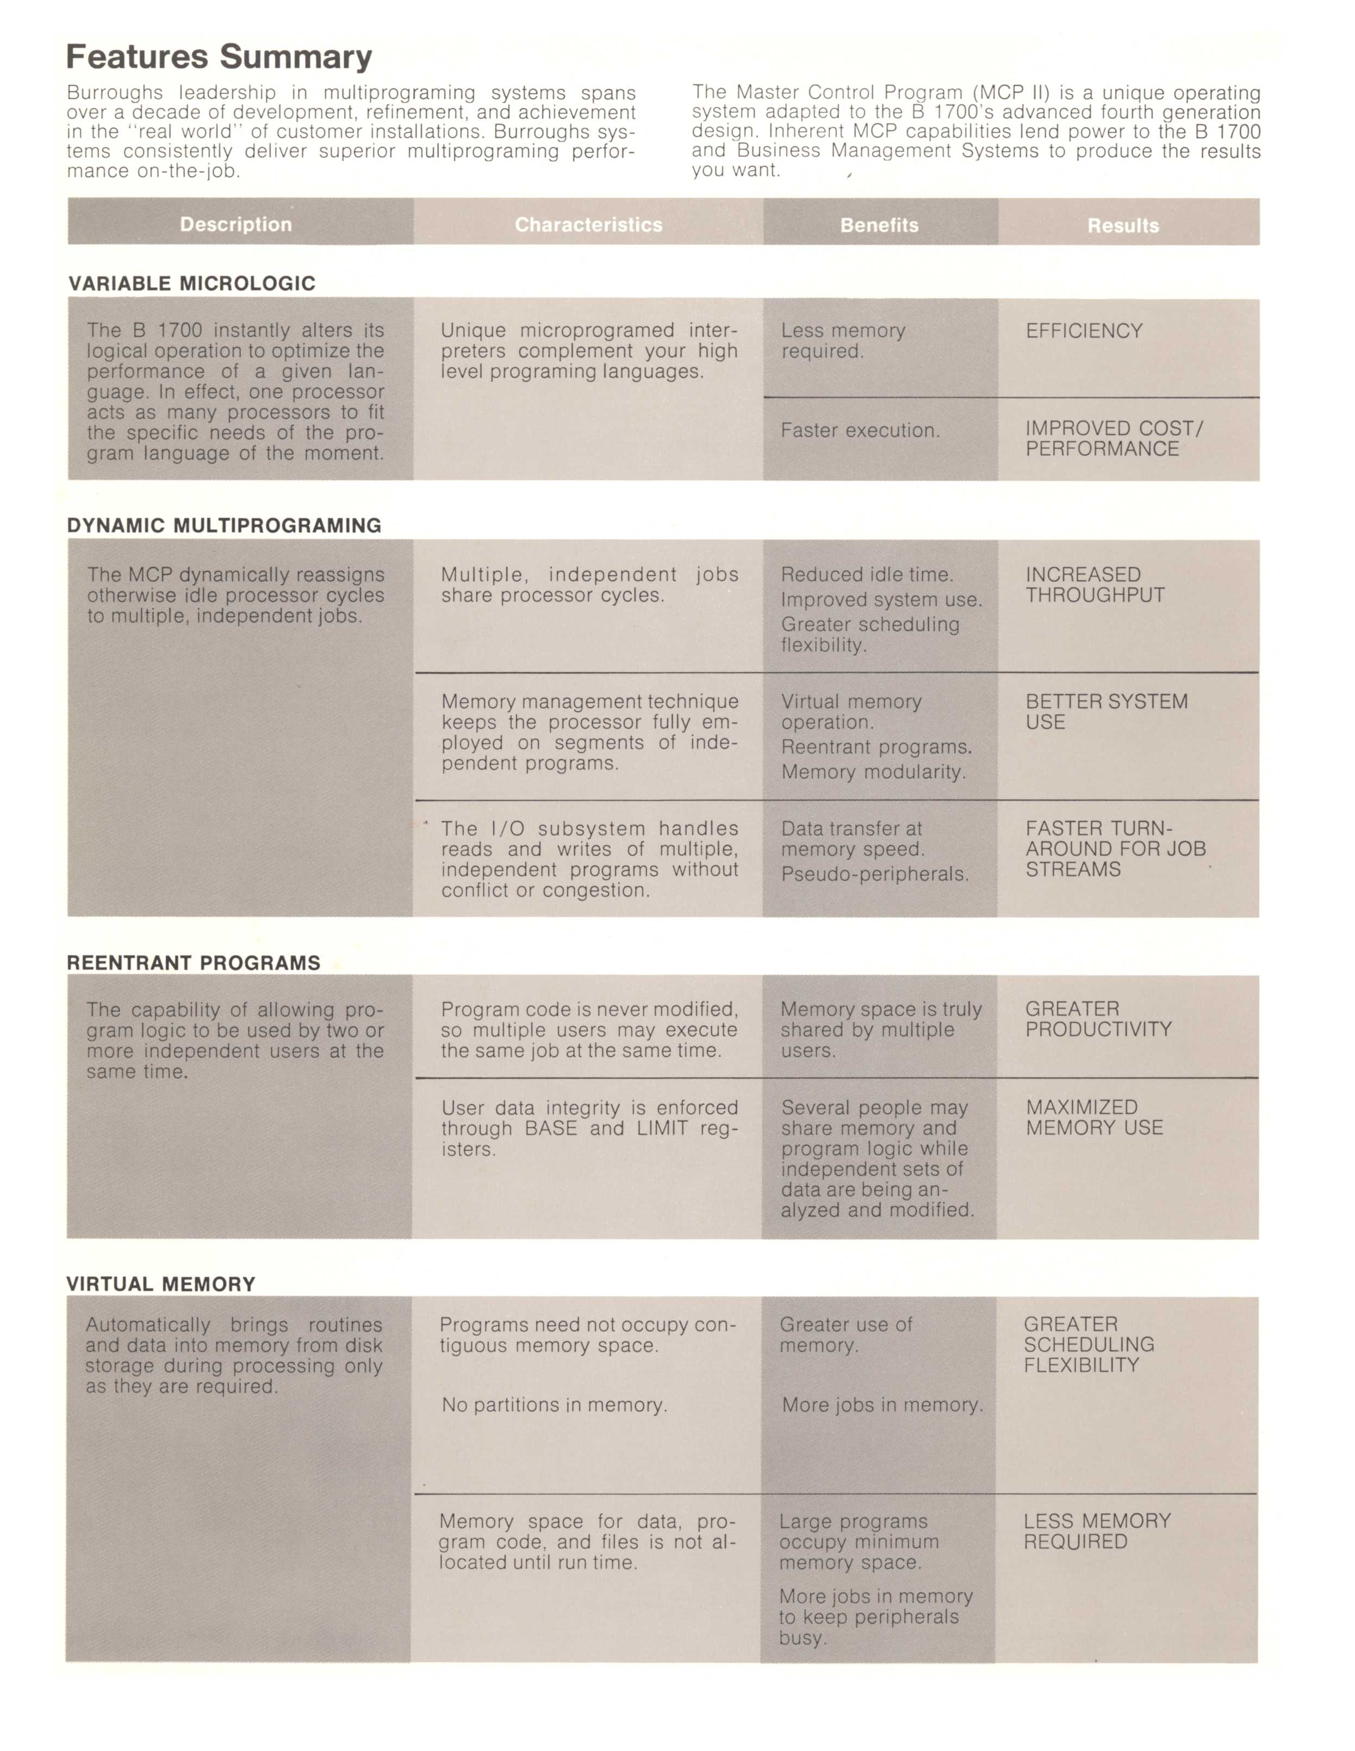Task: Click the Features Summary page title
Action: [219, 58]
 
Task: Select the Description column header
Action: [236, 224]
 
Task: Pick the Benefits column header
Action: [879, 225]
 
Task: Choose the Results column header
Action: [1123, 226]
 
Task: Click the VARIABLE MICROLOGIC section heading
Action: [192, 284]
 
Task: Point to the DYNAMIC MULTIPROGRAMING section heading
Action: [225, 526]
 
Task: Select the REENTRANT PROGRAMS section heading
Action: [194, 963]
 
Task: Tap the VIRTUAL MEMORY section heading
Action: [160, 1284]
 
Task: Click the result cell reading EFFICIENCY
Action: [1084, 331]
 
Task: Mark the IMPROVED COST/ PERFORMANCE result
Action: [1114, 438]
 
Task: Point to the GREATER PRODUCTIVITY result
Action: [1098, 1019]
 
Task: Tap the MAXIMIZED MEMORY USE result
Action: [1094, 1118]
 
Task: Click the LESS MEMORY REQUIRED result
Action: [1097, 1532]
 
